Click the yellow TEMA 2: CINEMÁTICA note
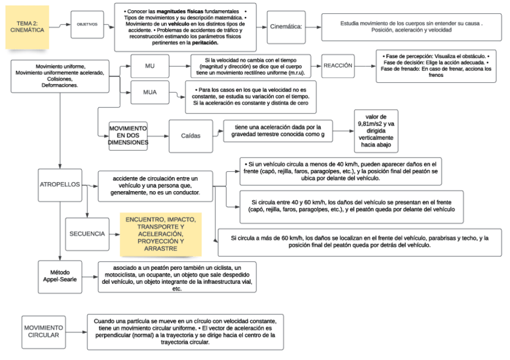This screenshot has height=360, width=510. (26, 27)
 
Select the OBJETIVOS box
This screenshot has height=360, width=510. (87, 25)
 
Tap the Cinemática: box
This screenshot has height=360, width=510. (286, 27)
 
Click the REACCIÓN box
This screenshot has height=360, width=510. (337, 66)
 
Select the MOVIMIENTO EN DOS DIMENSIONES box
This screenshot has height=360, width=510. (127, 136)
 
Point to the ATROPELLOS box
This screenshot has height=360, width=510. (60, 184)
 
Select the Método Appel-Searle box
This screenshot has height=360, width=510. (60, 276)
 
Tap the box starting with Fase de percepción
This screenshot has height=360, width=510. (435, 66)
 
